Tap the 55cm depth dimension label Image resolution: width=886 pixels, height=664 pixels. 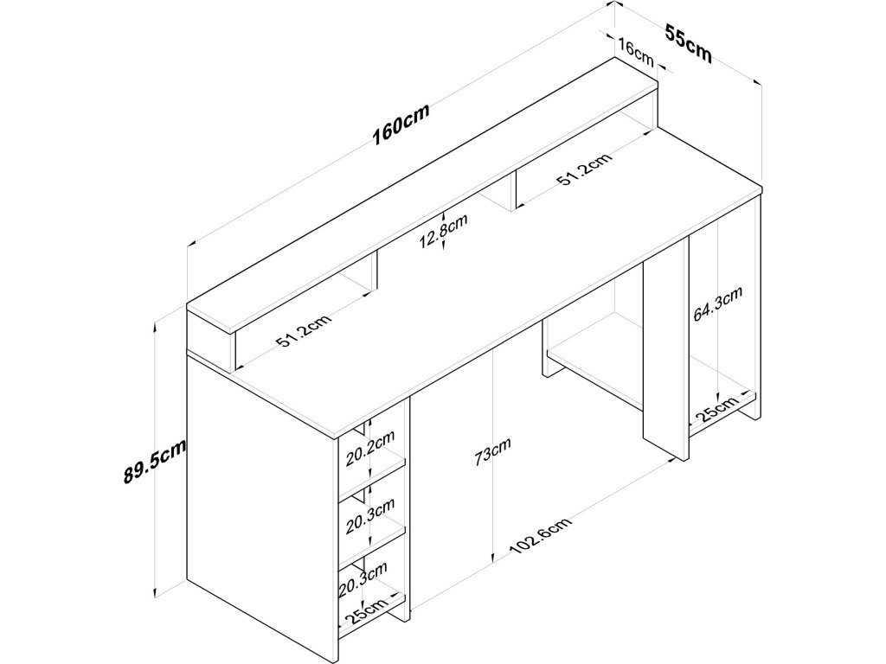(688, 44)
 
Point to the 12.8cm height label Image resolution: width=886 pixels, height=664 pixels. (444, 231)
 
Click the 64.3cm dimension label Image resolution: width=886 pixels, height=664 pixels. (717, 304)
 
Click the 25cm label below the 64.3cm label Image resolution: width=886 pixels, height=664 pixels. (716, 410)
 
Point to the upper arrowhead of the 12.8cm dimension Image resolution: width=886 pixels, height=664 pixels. (444, 215)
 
